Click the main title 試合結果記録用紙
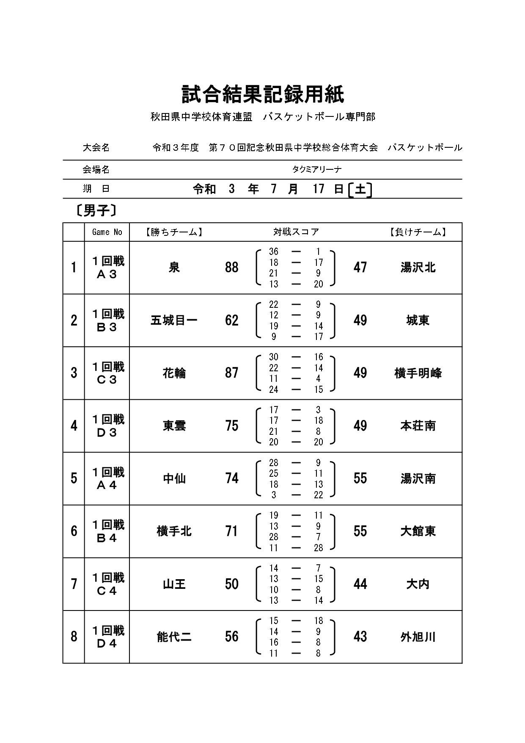(263, 94)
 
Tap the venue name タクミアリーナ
(316, 169)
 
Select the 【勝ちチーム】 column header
(174, 232)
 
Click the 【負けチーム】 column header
(418, 232)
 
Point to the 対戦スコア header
(296, 232)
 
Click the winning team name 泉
(174, 268)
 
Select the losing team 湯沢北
(418, 268)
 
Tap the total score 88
(232, 268)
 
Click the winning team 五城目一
(174, 320)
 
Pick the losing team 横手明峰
(418, 373)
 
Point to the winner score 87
(232, 373)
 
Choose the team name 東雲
(174, 426)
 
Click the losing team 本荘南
(418, 426)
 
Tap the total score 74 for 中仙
(232, 478)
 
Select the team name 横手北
(174, 531)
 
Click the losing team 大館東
(418, 531)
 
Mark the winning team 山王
(174, 584)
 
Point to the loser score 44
(360, 584)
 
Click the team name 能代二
(174, 637)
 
